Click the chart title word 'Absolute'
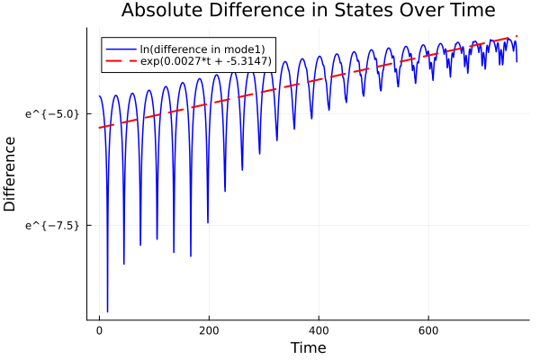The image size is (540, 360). point(161,11)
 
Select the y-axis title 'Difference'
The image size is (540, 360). point(10,174)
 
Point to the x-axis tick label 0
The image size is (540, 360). point(99,330)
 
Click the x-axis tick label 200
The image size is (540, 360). point(209,330)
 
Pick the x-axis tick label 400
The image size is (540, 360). point(319,330)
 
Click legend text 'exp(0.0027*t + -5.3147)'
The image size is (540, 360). point(207,60)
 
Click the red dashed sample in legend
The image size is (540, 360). point(121,60)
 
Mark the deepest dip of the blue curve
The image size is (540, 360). point(107,311)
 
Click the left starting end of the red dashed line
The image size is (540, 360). point(99,128)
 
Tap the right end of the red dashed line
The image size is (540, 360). point(517,36)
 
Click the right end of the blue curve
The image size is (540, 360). point(517,61)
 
